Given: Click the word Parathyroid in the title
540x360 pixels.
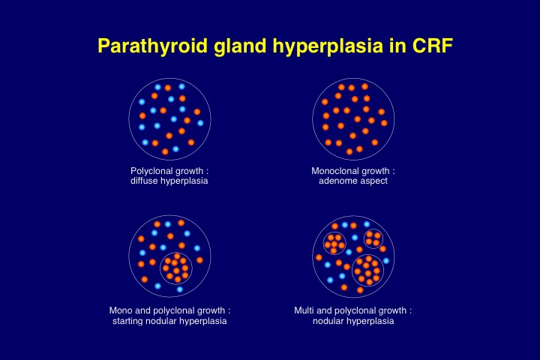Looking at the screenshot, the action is (x=153, y=46).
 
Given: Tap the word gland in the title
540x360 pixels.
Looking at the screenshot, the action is (x=240, y=45).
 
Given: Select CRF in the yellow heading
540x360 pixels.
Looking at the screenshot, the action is (x=432, y=45).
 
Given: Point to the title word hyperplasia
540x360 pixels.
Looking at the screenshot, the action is (x=328, y=46).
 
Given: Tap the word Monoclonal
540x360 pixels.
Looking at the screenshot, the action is (x=331, y=171).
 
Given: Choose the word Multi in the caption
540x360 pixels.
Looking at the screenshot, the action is (x=304, y=310).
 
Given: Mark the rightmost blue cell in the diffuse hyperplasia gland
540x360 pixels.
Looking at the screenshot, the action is (x=200, y=123).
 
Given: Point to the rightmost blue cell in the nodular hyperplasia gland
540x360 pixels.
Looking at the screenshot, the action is (x=386, y=261).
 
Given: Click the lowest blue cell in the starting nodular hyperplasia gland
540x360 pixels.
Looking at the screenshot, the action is (x=180, y=289).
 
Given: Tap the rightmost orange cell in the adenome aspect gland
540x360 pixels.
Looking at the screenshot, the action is (x=384, y=123).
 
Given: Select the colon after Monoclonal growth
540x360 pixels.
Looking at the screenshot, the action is (x=393, y=172).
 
